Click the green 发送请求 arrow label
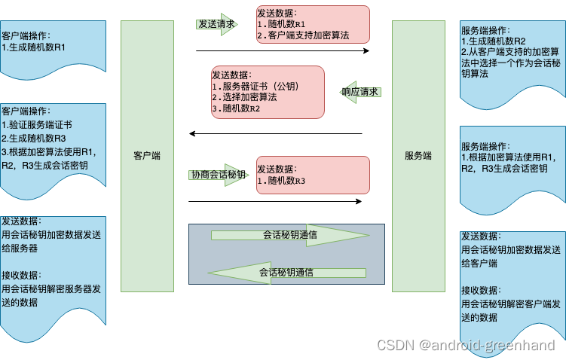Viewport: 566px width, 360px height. [216, 24]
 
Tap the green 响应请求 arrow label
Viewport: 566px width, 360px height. [359, 92]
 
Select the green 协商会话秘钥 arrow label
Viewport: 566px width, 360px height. [218, 175]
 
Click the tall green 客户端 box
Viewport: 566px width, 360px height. [147, 156]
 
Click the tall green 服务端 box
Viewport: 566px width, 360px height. [418, 156]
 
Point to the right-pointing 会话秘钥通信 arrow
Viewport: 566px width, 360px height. [290, 235]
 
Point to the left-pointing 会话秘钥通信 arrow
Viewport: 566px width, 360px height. [286, 272]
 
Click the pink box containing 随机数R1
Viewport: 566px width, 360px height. [313, 24]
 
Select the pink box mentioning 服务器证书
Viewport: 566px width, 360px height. [267, 92]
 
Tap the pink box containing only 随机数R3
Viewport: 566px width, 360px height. [313, 175]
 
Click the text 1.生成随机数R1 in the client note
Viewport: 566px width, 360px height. [34, 47]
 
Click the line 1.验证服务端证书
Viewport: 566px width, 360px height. [37, 124]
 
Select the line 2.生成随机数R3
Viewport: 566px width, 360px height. [34, 139]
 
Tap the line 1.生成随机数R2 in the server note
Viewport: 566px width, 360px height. [494, 41]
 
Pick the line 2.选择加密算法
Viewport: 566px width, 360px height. [245, 98]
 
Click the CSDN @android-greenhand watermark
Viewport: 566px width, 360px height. [466, 346]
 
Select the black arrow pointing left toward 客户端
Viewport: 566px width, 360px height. [275, 134]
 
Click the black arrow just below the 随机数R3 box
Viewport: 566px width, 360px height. [275, 201]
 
